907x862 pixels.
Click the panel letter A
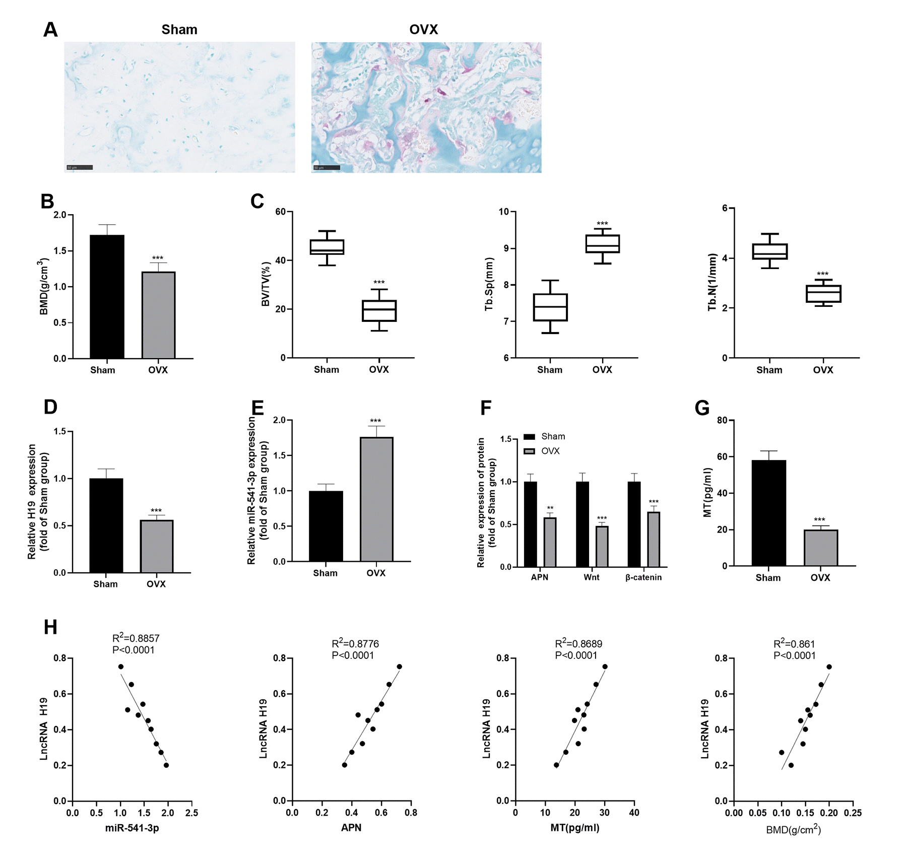click(50, 30)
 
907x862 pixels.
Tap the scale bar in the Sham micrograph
click(80, 167)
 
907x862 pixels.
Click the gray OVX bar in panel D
click(156, 546)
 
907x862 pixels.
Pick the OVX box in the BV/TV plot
click(379, 310)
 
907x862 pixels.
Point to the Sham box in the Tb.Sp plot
click(550, 307)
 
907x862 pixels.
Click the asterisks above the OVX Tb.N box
click(822, 275)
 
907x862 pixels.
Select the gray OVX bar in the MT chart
click(820, 548)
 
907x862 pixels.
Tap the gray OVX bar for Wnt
click(602, 547)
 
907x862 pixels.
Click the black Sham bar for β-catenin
click(634, 524)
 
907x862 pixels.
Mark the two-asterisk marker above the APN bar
click(550, 508)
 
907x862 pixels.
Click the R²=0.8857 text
click(136, 638)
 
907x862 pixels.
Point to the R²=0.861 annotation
click(794, 644)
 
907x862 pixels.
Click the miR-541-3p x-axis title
click(132, 828)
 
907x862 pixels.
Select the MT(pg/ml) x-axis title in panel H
click(574, 828)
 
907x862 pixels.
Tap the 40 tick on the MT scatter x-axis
click(634, 813)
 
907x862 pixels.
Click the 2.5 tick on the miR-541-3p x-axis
click(191, 813)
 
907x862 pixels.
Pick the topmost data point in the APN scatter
click(399, 667)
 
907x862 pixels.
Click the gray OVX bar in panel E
click(376, 499)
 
